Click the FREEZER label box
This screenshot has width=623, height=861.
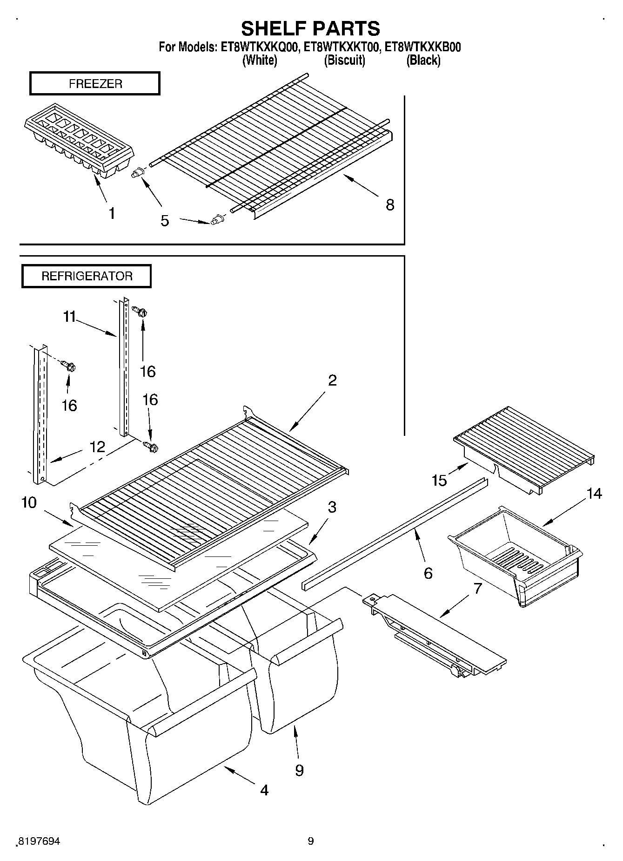[95, 84]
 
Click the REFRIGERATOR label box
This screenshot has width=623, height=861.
[87, 276]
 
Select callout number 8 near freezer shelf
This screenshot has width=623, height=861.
[390, 204]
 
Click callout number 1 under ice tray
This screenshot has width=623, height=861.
[112, 213]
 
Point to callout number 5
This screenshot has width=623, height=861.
[165, 221]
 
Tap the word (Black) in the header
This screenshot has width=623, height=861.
[423, 60]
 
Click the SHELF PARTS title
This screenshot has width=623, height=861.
[310, 28]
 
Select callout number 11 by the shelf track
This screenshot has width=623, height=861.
[69, 317]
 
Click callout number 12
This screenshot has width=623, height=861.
[97, 447]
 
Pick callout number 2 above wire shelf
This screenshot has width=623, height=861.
[332, 380]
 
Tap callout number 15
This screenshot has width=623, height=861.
[439, 480]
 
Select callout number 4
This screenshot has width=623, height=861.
[264, 790]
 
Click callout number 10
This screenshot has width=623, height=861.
[29, 503]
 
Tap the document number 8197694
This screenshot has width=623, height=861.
[39, 841]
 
